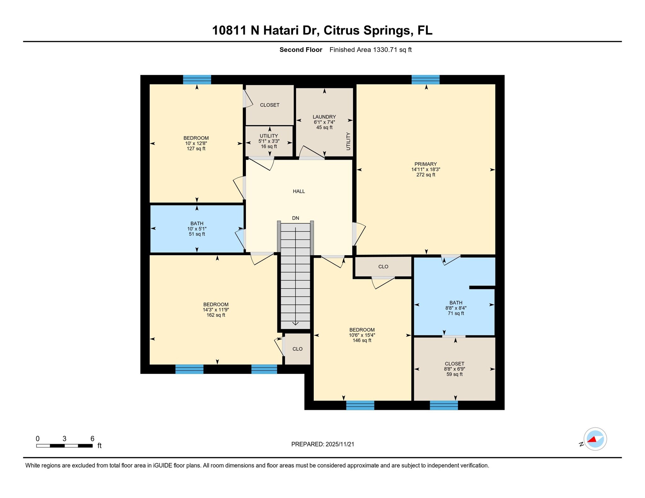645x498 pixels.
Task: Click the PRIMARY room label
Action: tap(425, 164)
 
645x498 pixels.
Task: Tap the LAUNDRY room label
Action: tap(324, 117)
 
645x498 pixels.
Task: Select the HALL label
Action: tap(299, 191)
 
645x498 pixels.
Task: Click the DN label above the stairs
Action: tap(295, 218)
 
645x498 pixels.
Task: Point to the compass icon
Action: tap(595, 439)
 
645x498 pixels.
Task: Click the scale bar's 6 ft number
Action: tap(92, 439)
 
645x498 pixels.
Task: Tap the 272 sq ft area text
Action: tap(425, 175)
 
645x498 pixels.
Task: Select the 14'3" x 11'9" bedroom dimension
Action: tap(216, 310)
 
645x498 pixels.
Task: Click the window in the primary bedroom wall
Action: tap(425, 80)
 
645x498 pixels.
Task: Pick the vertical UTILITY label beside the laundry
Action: tap(348, 141)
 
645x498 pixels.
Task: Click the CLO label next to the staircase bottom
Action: tap(297, 349)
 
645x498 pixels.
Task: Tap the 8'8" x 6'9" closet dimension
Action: tap(454, 369)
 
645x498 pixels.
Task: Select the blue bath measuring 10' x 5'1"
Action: tap(197, 229)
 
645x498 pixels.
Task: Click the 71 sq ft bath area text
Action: tap(456, 313)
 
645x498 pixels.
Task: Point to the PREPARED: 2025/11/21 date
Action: tap(322, 444)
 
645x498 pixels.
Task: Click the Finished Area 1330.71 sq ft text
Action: tap(370, 50)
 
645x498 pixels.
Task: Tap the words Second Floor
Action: tap(301, 50)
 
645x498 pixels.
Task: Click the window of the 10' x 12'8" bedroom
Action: tap(197, 80)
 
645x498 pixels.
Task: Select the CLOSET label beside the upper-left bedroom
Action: tap(270, 105)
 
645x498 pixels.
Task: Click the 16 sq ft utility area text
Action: tap(269, 147)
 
